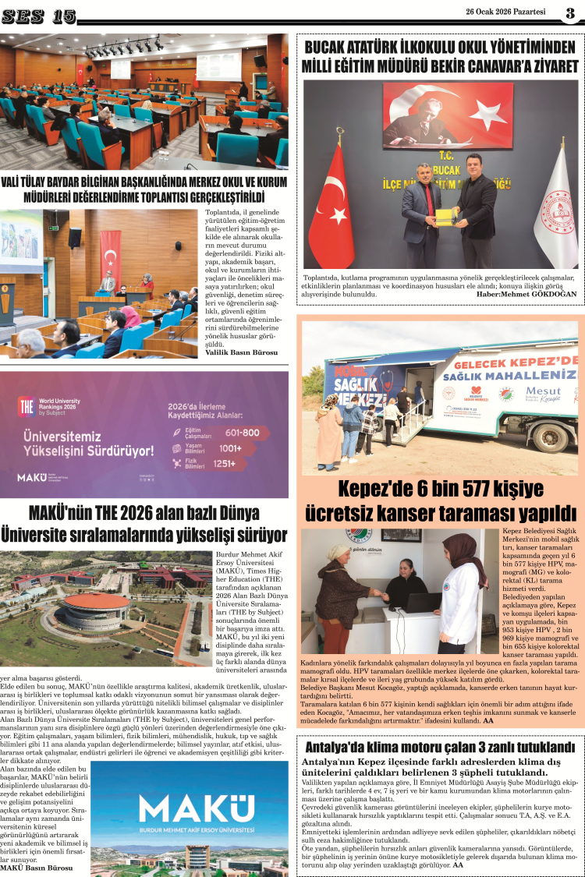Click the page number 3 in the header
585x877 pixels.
tap(570, 12)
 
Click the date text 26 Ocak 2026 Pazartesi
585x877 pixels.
tap(505, 12)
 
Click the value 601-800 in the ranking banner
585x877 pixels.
tap(242, 432)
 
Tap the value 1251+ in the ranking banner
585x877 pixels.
tap(242, 463)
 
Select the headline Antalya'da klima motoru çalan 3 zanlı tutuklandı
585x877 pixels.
tap(440, 747)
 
